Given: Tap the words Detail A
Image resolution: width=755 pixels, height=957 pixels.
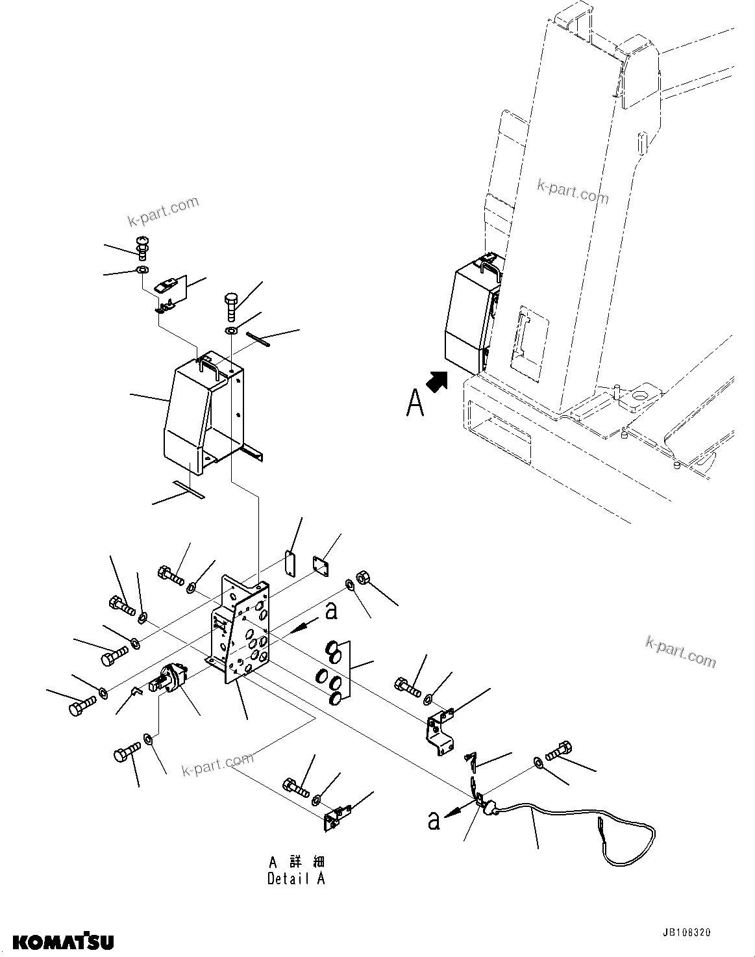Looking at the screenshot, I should [x=296, y=879].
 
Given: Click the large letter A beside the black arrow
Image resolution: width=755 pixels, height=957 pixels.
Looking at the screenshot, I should [x=415, y=402].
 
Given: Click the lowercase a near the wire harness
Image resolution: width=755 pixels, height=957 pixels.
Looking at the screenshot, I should [x=433, y=821].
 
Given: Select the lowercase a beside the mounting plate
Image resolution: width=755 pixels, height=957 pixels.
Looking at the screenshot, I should [x=330, y=611].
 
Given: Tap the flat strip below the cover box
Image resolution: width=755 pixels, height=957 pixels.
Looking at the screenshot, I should [x=188, y=490].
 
